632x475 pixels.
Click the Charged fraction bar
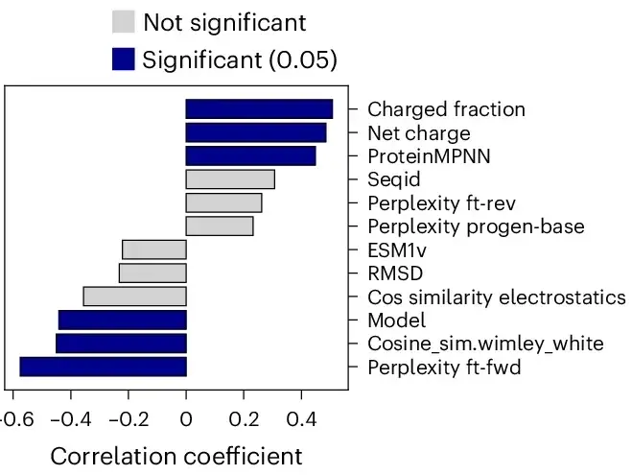259,108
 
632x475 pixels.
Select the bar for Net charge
256,132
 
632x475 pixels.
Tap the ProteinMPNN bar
250,156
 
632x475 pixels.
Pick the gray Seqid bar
230,179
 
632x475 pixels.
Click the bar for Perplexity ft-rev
223,202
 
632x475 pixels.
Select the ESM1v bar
154,249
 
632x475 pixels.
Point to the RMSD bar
152,273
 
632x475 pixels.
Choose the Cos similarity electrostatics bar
135,297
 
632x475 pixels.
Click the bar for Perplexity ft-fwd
104,367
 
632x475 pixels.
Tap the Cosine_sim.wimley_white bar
122,344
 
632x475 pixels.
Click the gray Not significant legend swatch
124,21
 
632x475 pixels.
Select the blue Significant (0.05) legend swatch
124,59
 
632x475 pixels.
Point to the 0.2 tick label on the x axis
244,419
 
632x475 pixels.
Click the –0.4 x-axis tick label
71,419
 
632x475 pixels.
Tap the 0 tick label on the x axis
186,419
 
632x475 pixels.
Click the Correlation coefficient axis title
176,457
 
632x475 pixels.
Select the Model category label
397,321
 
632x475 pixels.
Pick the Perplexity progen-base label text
476,226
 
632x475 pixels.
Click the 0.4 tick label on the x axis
301,419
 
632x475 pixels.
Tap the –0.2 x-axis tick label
129,419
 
